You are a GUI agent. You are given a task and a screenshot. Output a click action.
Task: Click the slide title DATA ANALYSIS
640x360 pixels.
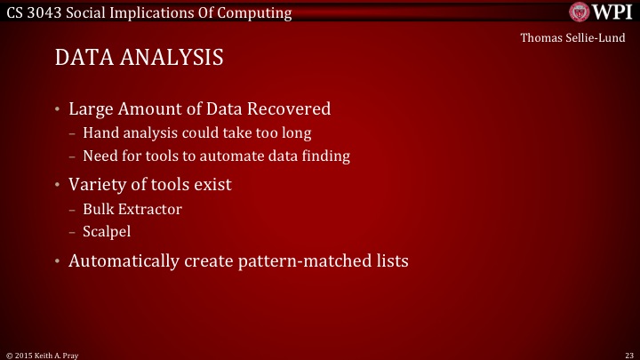coord(139,58)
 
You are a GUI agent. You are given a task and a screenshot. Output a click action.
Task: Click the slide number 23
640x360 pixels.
coord(628,354)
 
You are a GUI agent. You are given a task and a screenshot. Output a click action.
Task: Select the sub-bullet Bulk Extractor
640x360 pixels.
coord(131,209)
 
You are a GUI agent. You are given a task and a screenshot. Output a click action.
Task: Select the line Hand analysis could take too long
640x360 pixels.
coord(196,134)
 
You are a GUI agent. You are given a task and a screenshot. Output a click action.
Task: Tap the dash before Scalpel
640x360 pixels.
coord(72,231)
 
